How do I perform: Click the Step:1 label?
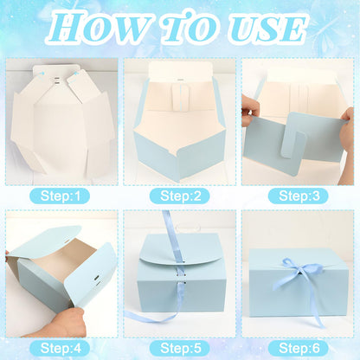[x=60, y=196]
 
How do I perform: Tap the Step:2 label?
[x=179, y=196]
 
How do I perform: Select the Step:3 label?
[x=299, y=196]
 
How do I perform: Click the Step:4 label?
[x=60, y=348]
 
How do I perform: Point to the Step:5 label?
[x=179, y=348]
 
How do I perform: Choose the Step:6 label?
[x=299, y=348]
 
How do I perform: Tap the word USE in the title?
[x=267, y=29]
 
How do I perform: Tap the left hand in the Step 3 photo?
[x=250, y=111]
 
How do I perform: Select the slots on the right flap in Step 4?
[x=98, y=280]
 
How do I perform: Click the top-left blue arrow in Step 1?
[x=40, y=74]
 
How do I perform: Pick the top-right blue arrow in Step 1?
[x=76, y=74]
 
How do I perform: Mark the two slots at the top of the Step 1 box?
[x=57, y=80]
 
